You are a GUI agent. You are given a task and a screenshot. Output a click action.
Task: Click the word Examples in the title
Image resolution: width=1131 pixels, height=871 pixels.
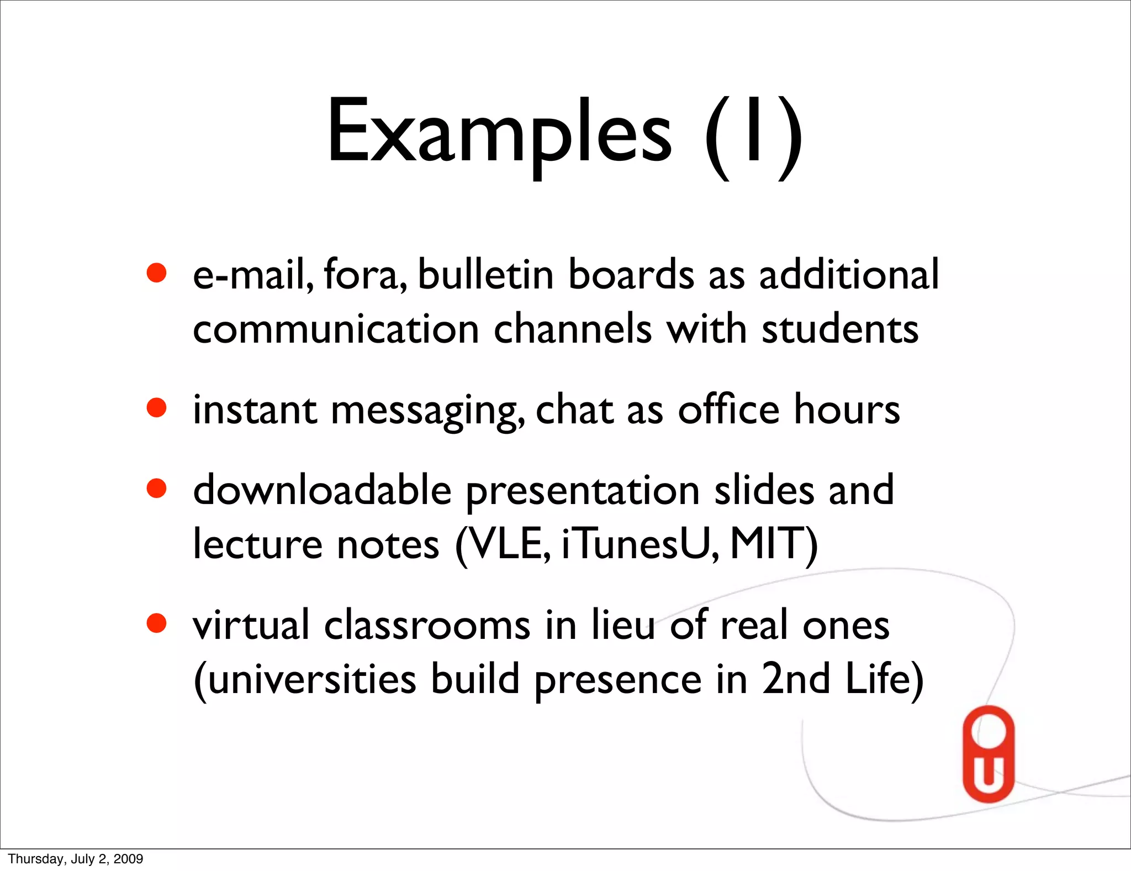point(499,133)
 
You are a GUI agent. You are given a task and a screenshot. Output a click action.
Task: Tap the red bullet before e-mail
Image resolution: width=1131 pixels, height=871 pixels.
point(157,272)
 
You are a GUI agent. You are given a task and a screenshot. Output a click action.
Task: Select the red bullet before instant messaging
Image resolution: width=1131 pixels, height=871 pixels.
point(157,408)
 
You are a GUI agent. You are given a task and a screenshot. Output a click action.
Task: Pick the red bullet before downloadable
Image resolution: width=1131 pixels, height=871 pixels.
point(157,488)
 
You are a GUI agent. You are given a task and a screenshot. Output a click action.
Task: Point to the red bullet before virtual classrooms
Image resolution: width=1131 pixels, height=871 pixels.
point(157,623)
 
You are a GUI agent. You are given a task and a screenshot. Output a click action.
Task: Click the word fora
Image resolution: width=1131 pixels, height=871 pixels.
point(364,275)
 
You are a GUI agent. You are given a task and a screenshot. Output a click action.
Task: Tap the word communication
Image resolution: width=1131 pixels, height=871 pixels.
point(336,329)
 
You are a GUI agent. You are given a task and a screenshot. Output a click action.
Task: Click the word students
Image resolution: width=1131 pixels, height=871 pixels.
point(840,329)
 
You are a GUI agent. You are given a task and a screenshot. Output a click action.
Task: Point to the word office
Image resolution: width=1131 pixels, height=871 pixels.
point(728,410)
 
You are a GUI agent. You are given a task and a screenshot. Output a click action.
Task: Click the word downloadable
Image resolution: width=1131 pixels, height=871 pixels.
point(322,490)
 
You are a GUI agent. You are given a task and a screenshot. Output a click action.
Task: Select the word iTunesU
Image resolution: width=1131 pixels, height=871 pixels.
point(640,544)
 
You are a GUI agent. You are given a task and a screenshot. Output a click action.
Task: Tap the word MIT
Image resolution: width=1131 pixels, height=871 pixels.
point(770,544)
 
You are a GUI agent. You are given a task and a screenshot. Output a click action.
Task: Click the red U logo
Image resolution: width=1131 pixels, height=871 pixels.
point(989,754)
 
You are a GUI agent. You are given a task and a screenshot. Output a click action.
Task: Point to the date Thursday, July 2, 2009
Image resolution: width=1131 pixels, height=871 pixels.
point(76,859)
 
